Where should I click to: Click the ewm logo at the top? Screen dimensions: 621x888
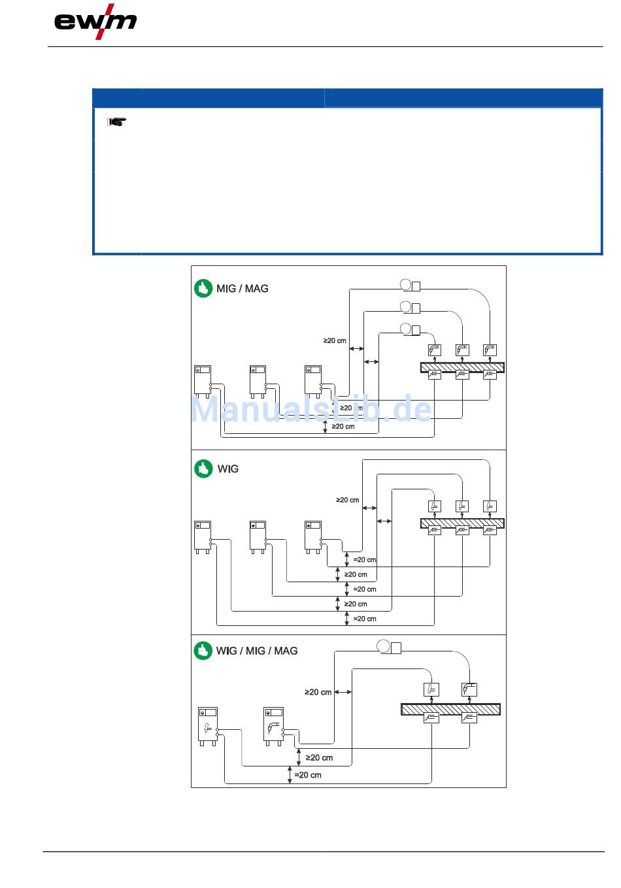coord(95,22)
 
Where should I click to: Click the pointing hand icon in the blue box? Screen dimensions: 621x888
coord(117,122)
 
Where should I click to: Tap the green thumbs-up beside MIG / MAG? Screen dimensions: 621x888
coord(203,288)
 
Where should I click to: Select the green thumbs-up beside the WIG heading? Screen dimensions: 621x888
coord(203,469)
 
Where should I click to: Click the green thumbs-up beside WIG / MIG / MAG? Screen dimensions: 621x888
coord(203,651)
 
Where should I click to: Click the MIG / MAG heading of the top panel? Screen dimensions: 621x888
coord(243,289)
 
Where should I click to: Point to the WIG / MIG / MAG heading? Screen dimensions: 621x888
coord(256,651)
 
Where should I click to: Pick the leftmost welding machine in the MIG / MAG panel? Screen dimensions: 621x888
coord(202,382)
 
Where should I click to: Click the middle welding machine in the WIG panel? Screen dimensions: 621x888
coord(258,537)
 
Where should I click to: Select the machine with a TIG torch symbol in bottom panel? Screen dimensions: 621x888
coord(208,726)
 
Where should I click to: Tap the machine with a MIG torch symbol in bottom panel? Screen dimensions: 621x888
coord(274,726)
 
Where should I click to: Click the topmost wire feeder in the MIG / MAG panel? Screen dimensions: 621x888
coord(410,285)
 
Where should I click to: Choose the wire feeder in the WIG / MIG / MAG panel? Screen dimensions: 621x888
coord(389,647)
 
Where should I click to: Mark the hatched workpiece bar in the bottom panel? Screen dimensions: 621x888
coord(450,709)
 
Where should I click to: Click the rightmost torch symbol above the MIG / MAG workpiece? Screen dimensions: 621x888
coord(490,350)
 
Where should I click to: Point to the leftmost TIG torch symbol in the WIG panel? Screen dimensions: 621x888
coord(435,506)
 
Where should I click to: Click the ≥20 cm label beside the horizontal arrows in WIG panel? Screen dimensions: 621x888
coord(347,500)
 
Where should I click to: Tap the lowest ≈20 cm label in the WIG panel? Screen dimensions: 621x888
coord(365,618)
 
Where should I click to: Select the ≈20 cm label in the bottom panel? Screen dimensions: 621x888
coord(308,774)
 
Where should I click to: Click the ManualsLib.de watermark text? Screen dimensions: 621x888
coord(311,409)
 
